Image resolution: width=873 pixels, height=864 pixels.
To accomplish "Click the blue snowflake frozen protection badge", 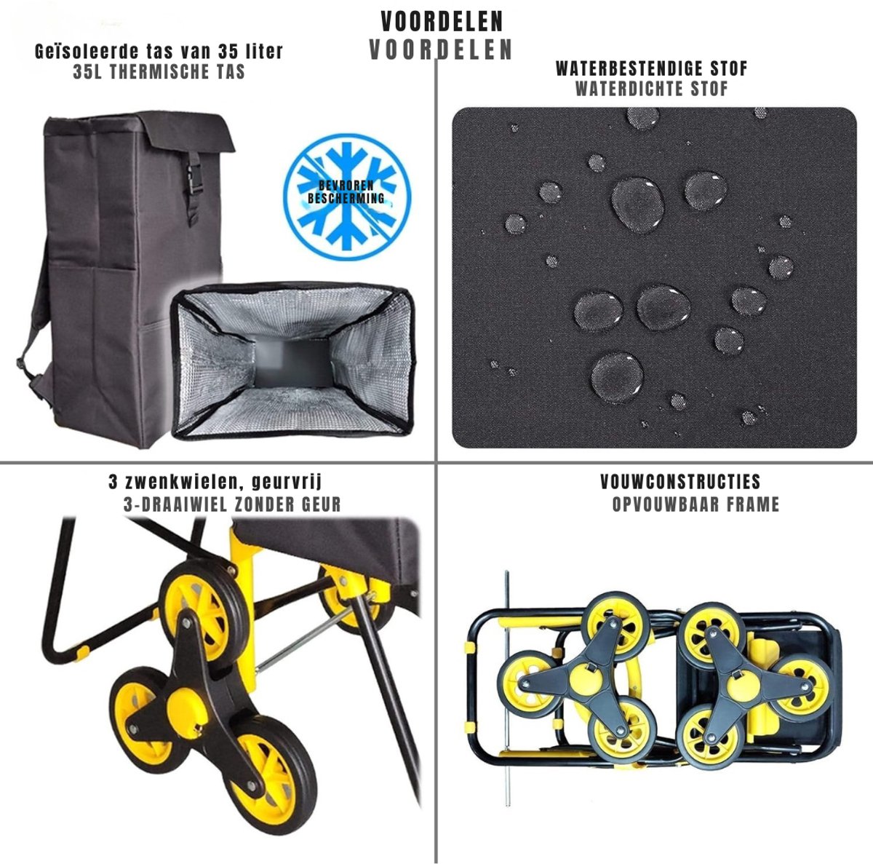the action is [x=346, y=197].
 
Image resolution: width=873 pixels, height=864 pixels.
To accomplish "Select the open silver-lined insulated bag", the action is [x=292, y=361].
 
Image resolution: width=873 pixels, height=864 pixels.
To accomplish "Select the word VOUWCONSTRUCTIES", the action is [x=680, y=481].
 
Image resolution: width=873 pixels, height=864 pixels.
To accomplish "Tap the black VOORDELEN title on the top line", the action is [x=442, y=21].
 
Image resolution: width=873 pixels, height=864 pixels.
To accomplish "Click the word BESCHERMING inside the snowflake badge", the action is [x=346, y=198].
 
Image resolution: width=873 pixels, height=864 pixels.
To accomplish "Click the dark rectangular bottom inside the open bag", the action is [x=293, y=363].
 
